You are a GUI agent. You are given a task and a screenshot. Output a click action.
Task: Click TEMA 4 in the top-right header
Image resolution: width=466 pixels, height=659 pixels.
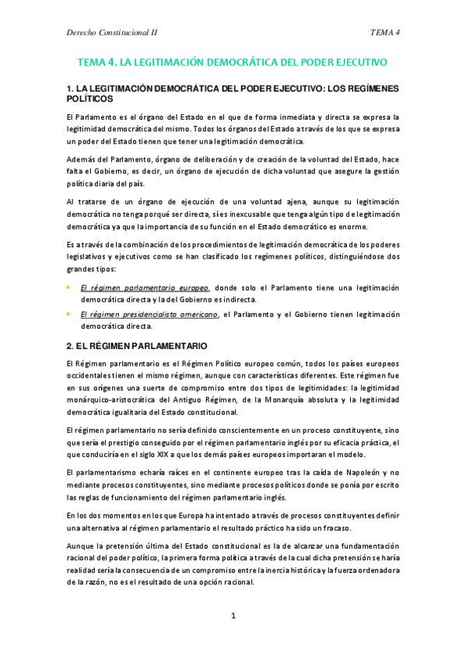pos(385,32)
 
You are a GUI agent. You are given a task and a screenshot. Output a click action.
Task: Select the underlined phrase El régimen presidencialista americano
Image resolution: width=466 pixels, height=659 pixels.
pos(149,314)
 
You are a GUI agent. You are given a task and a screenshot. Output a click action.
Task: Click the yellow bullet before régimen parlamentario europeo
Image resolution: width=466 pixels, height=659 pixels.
pos(68,287)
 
